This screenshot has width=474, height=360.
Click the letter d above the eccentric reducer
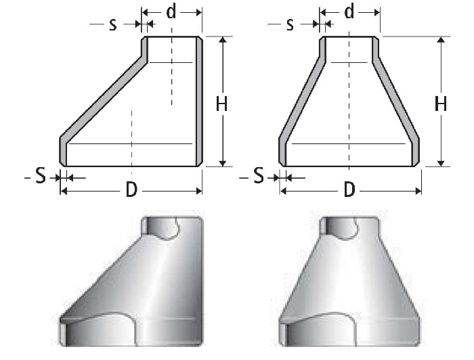coord(172,12)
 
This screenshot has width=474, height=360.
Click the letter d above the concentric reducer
coord(349,12)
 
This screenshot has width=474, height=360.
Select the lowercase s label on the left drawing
coord(113,24)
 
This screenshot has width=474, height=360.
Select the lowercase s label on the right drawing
coord(290,24)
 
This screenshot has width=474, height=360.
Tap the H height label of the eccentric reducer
coord(221,104)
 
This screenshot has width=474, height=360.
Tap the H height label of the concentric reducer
coord(441,104)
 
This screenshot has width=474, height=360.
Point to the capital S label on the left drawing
coord(40,177)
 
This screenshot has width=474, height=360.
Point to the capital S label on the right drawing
coord(259,177)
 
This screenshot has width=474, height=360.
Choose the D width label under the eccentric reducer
coord(131,190)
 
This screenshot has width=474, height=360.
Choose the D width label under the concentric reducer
coord(349,190)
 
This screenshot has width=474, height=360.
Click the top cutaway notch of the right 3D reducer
coord(342,229)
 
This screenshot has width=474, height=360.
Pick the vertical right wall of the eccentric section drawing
coord(199,102)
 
